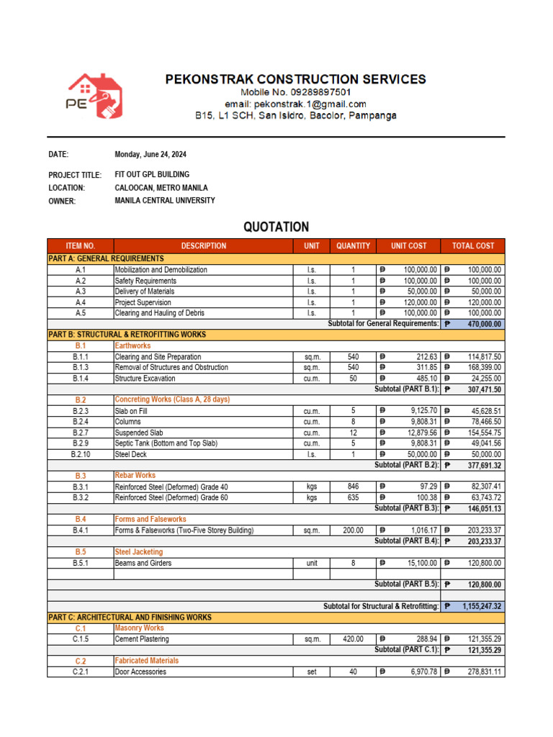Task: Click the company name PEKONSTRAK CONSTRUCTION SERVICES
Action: click(295, 79)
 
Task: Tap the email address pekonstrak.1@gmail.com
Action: click(295, 104)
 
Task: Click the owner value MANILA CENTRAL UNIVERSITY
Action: click(165, 201)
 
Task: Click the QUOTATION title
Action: click(276, 227)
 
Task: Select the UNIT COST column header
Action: click(408, 246)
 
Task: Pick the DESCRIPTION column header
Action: click(204, 246)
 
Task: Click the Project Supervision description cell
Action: click(143, 302)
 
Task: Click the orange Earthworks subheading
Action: click(132, 346)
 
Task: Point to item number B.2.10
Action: click(81, 454)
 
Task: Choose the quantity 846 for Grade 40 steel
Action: click(353, 487)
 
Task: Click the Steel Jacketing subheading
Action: click(138, 552)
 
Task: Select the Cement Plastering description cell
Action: click(142, 639)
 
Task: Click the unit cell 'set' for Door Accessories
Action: click(311, 672)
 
